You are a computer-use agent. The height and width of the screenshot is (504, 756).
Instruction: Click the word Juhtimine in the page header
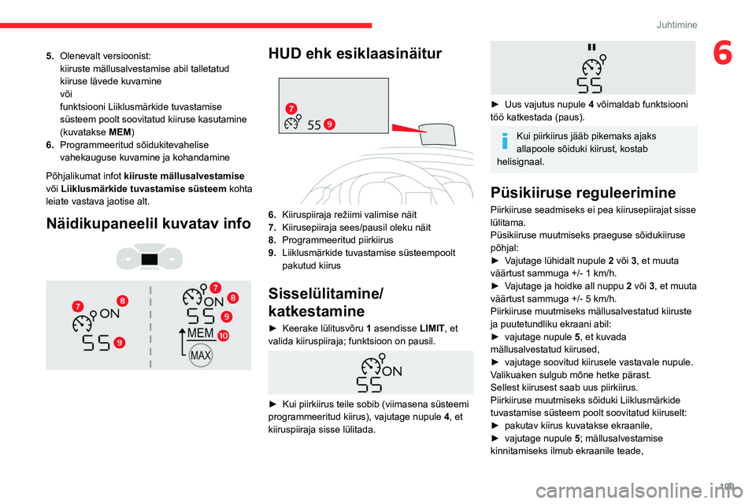coord(676,24)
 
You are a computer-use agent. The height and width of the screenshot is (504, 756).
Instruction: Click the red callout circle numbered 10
coord(224,335)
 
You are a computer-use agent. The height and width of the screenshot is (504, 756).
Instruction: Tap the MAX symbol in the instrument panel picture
coord(201,355)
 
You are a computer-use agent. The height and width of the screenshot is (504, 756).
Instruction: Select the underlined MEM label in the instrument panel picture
coord(201,335)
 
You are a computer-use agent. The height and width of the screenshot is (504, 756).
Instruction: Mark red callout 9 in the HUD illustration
coord(328,124)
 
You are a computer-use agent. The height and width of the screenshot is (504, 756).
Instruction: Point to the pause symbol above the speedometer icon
coord(591,48)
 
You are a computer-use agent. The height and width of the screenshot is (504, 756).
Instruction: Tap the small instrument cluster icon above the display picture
coord(148,259)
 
